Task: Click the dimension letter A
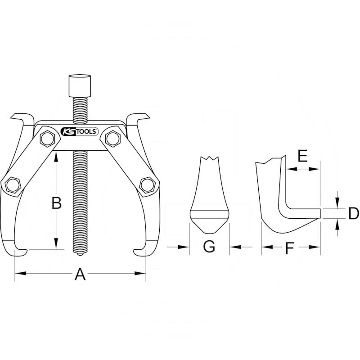80,273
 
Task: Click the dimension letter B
56,203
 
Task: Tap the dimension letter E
303,156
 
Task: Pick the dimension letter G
209,247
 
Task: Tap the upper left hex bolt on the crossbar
46,139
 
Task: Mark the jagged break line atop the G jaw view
209,158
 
